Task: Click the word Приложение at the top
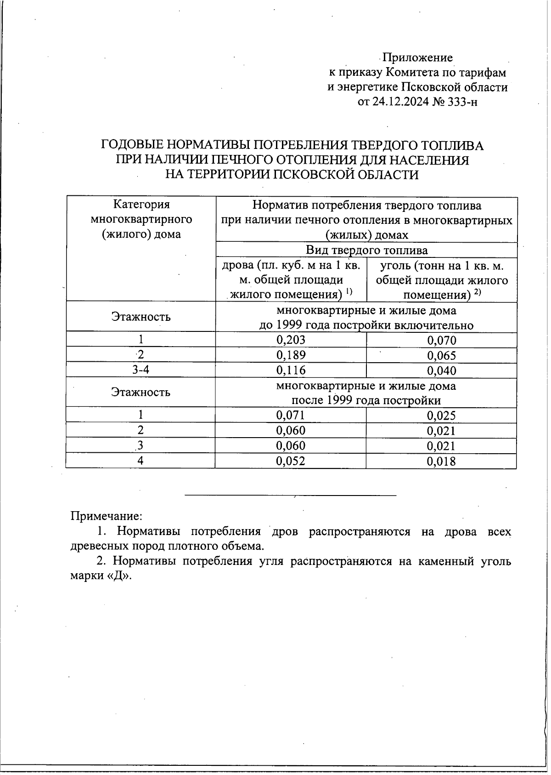(418, 57)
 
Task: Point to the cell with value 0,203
(291, 340)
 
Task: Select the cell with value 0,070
(442, 340)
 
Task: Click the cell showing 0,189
(291, 355)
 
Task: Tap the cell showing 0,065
(442, 355)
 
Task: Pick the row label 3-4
(141, 370)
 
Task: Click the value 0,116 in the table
(291, 370)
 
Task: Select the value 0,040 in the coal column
(442, 370)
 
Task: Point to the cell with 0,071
(291, 415)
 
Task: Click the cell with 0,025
(442, 416)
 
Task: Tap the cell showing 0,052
(291, 461)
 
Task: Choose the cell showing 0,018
(442, 461)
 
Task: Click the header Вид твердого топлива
(366, 250)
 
